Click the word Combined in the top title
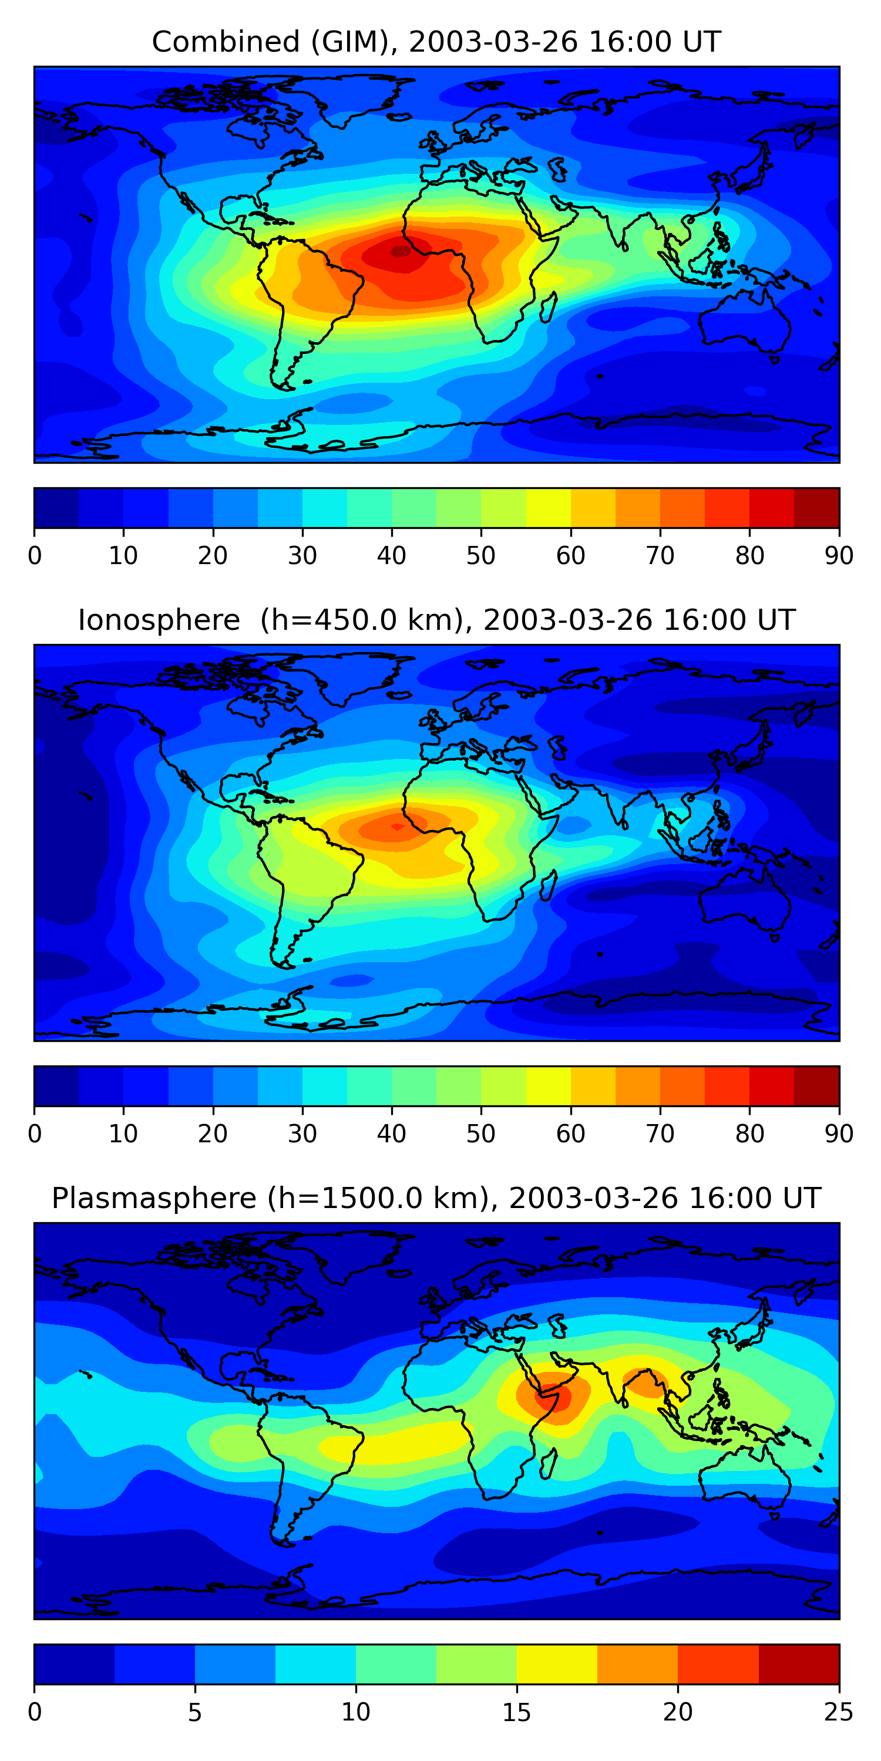(x=225, y=42)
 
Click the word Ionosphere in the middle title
(x=159, y=620)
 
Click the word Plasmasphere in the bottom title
(x=154, y=1199)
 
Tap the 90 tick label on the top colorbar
(x=839, y=556)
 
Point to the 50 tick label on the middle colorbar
(x=481, y=1134)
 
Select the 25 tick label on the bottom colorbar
(x=839, y=1712)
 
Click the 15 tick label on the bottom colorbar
(x=516, y=1712)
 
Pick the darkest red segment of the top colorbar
(x=817, y=508)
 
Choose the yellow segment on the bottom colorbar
(x=557, y=1665)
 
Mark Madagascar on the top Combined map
(x=549, y=308)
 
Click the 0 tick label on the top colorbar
(x=35, y=556)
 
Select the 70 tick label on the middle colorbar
(x=660, y=1134)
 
